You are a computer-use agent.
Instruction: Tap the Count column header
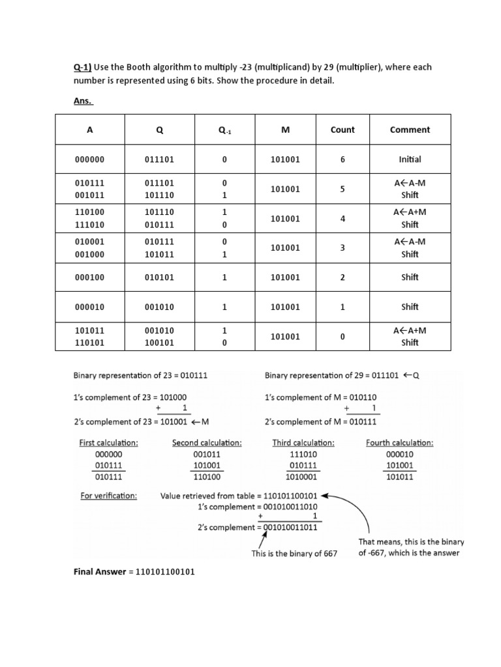click(x=342, y=130)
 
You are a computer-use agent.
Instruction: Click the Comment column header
click(x=410, y=130)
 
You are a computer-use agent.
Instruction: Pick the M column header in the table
click(x=285, y=130)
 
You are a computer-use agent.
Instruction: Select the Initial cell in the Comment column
click(x=410, y=160)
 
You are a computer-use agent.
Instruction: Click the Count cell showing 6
click(x=342, y=160)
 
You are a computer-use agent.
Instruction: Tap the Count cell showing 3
click(x=342, y=248)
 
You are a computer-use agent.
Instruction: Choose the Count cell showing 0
click(x=342, y=337)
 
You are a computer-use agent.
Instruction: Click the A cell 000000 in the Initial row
click(x=90, y=160)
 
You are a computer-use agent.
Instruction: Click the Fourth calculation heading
click(x=399, y=443)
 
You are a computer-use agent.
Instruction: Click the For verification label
click(x=108, y=496)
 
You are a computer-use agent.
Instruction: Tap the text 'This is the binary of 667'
click(x=295, y=554)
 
